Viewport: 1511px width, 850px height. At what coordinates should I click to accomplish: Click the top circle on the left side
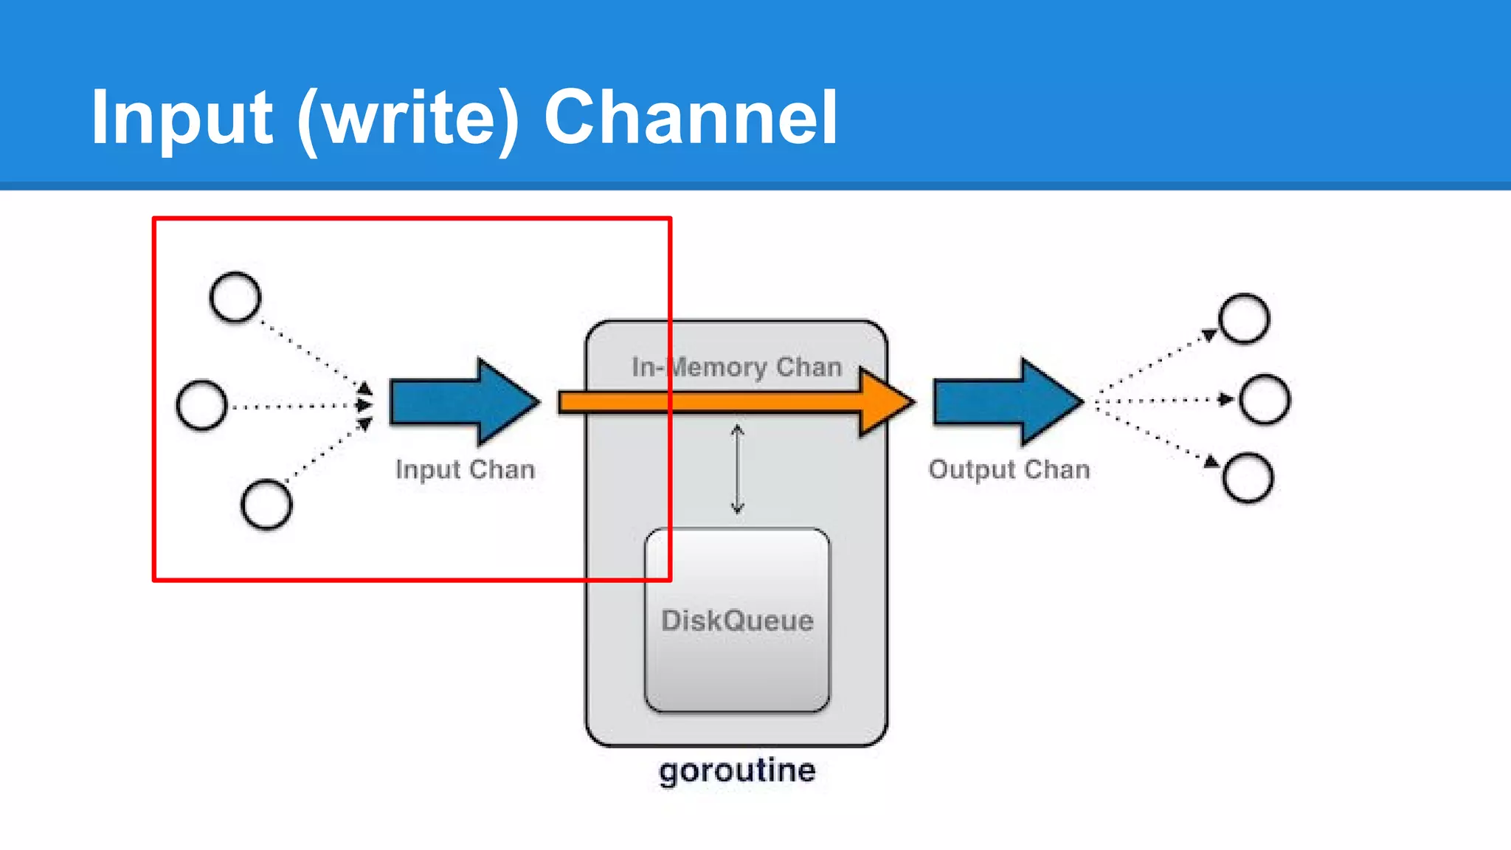tap(235, 297)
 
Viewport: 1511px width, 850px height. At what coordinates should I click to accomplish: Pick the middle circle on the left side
tap(201, 405)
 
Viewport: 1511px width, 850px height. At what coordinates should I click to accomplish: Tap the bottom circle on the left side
tap(266, 505)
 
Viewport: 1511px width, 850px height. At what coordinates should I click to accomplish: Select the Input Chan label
tap(465, 469)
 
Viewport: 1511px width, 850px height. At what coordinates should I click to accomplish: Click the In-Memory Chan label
tap(736, 367)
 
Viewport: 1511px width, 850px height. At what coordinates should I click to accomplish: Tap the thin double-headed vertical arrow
tap(737, 469)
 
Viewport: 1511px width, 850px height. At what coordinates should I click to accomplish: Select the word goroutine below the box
tap(737, 770)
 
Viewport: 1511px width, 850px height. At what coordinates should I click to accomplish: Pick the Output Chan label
tap(1009, 469)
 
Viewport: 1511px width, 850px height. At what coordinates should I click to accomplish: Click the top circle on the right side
tap(1244, 319)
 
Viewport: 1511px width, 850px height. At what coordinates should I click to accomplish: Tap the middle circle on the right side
tap(1265, 399)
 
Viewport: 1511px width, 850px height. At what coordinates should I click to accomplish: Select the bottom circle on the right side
tap(1248, 477)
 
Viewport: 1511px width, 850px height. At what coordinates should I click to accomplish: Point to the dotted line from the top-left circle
tap(310, 350)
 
